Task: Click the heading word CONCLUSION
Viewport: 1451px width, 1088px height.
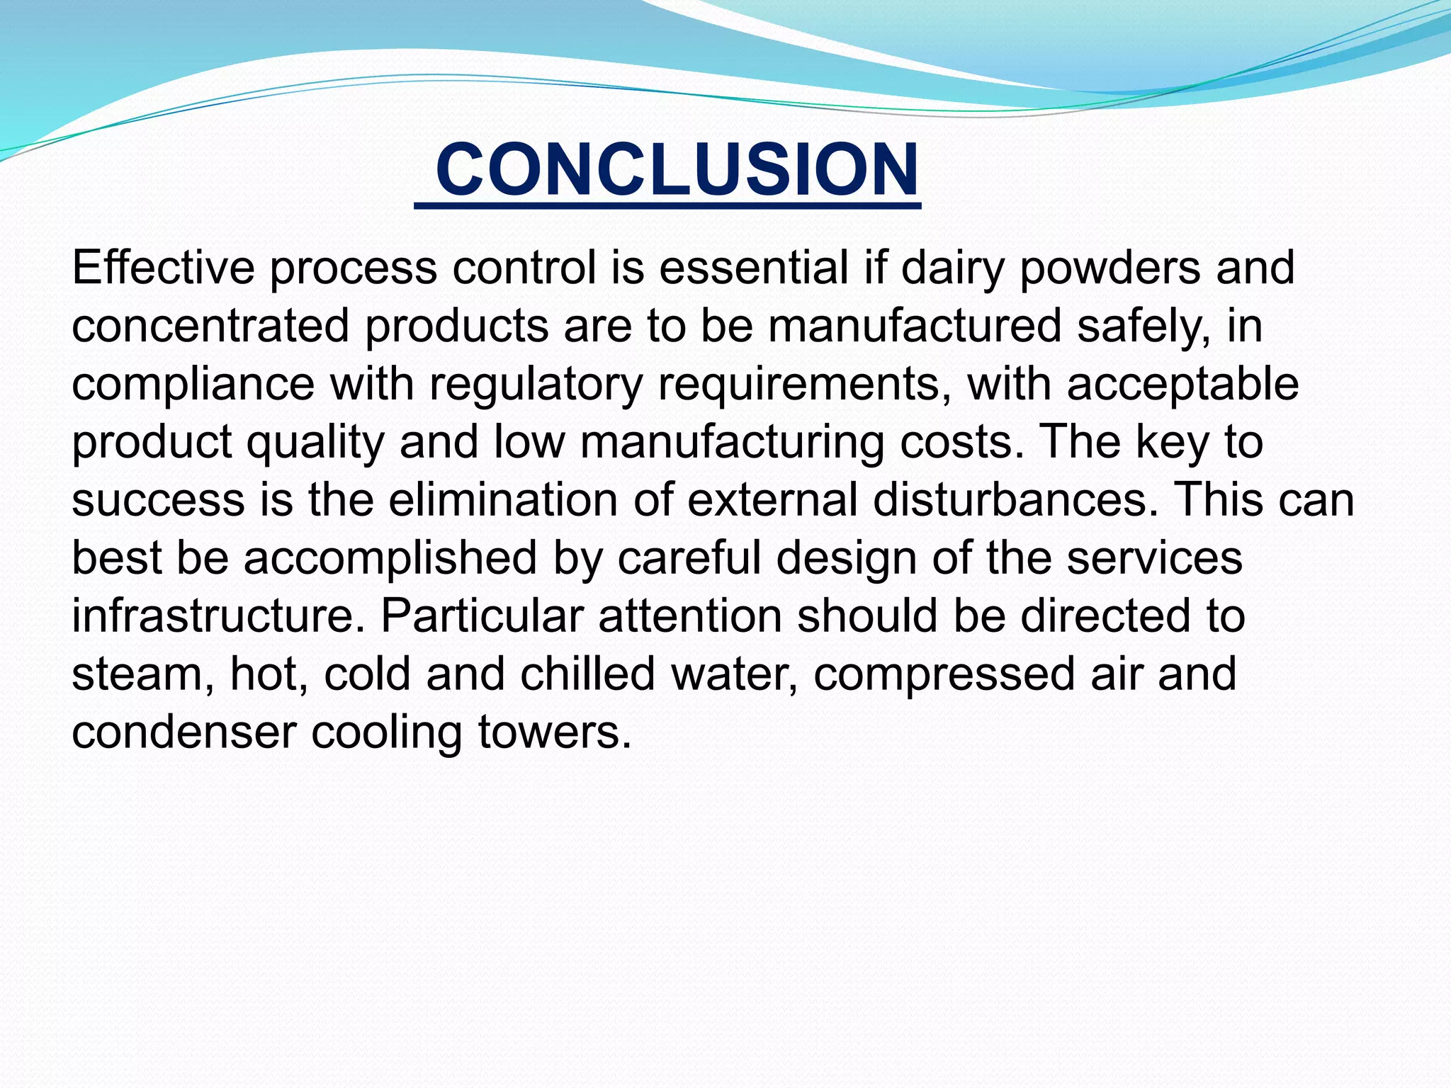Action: coord(677,170)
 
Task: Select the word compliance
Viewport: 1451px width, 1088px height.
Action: coord(193,385)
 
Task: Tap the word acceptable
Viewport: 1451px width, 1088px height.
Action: coord(1182,385)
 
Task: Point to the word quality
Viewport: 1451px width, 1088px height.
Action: coord(314,443)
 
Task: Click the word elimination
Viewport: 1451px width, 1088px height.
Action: coord(503,499)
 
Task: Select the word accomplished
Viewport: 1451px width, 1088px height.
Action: coord(390,558)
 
